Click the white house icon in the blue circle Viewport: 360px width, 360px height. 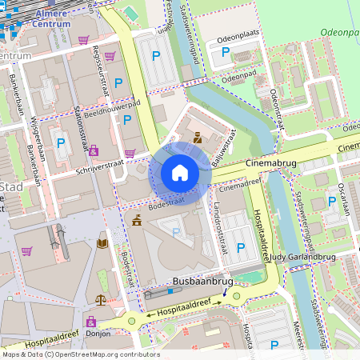tap(180, 173)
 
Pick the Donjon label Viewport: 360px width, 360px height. tap(97, 333)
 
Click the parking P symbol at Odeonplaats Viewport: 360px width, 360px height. tap(226, 52)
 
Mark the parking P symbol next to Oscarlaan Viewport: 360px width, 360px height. tap(331, 202)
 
